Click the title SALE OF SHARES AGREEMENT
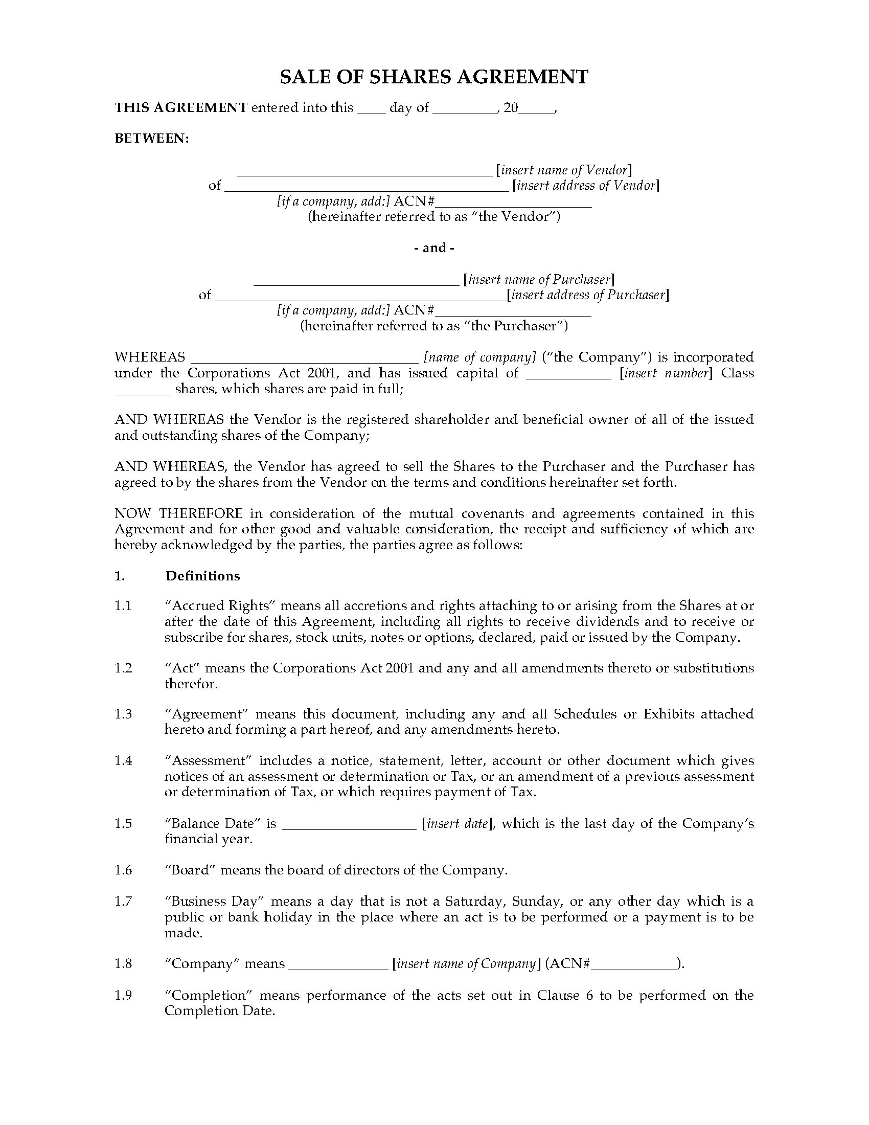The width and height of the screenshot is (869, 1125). click(434, 77)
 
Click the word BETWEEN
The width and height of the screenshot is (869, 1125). click(151, 139)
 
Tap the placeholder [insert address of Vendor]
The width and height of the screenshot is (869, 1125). click(586, 186)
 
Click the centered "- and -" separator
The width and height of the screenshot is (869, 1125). click(434, 248)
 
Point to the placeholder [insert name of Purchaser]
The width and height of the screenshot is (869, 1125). click(539, 280)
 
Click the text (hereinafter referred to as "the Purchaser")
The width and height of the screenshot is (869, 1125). click(434, 326)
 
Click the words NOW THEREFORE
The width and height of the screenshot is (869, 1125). click(178, 513)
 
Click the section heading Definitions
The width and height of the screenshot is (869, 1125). click(203, 576)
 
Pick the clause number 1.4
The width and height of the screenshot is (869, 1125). click(123, 761)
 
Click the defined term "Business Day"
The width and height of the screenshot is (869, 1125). click(214, 901)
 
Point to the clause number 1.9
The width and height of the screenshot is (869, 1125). click(123, 995)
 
